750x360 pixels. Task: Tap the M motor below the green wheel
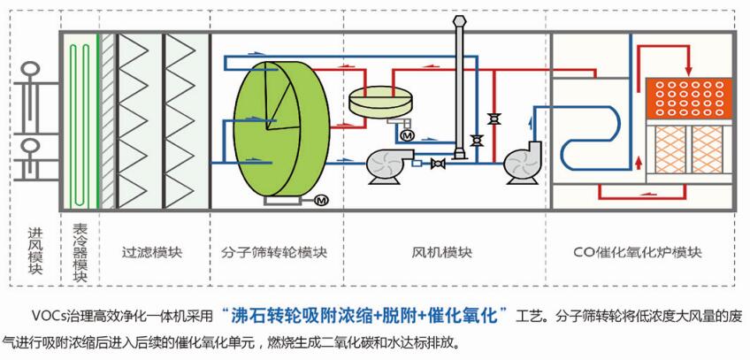pos(321,201)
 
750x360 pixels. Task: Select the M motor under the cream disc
pos(408,135)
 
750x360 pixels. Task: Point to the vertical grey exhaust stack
pos(461,88)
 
